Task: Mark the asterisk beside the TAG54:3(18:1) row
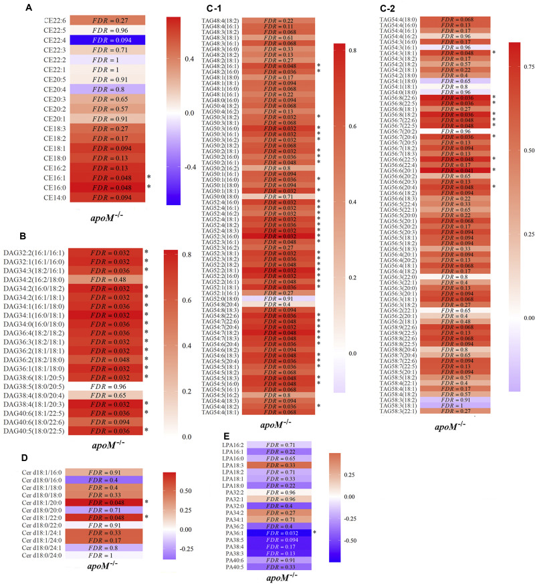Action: (x=494, y=52)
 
